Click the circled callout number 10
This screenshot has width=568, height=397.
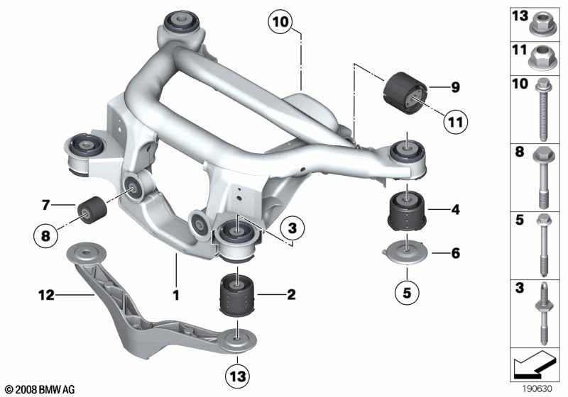pos(280,22)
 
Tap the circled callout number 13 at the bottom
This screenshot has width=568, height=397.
pos(237,376)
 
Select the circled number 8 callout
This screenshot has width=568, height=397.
pos(45,236)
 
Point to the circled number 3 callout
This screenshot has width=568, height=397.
pos(292,228)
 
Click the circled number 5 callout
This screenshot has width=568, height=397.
pos(407,292)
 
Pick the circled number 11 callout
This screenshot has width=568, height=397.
pos(455,122)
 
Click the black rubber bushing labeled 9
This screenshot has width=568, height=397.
pos(405,93)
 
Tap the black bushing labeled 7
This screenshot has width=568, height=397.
pos(92,210)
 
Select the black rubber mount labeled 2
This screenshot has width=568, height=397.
pos(238,296)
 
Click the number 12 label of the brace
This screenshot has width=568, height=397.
pos(46,296)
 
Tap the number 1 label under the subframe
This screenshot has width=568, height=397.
pos(176,296)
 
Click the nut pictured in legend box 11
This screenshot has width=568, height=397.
pos(542,57)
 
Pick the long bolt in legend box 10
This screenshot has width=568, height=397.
pos(542,109)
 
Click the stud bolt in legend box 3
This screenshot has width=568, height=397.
pos(543,314)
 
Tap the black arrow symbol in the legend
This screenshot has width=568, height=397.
pos(534,364)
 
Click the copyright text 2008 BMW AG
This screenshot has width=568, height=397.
pos(40,389)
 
